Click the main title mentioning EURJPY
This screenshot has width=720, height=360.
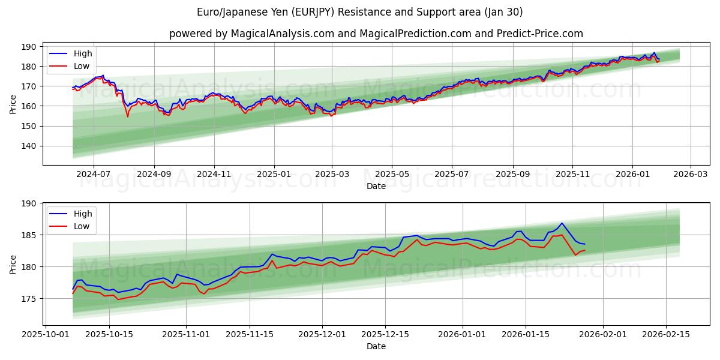[x=360, y=12]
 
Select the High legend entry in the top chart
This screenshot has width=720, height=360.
[x=83, y=54]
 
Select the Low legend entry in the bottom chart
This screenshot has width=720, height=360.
[x=82, y=226]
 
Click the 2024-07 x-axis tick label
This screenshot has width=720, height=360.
[x=94, y=175]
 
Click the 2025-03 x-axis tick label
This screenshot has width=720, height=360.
[x=332, y=175]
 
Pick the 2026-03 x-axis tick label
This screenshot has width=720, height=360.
[x=690, y=175]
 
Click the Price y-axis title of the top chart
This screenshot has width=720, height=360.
[x=13, y=104]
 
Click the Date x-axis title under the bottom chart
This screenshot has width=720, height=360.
[x=376, y=346]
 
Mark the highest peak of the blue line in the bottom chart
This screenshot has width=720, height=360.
[x=562, y=223]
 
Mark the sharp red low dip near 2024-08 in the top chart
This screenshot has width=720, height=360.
[x=127, y=116]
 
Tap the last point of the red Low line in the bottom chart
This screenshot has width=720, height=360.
[x=584, y=250]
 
